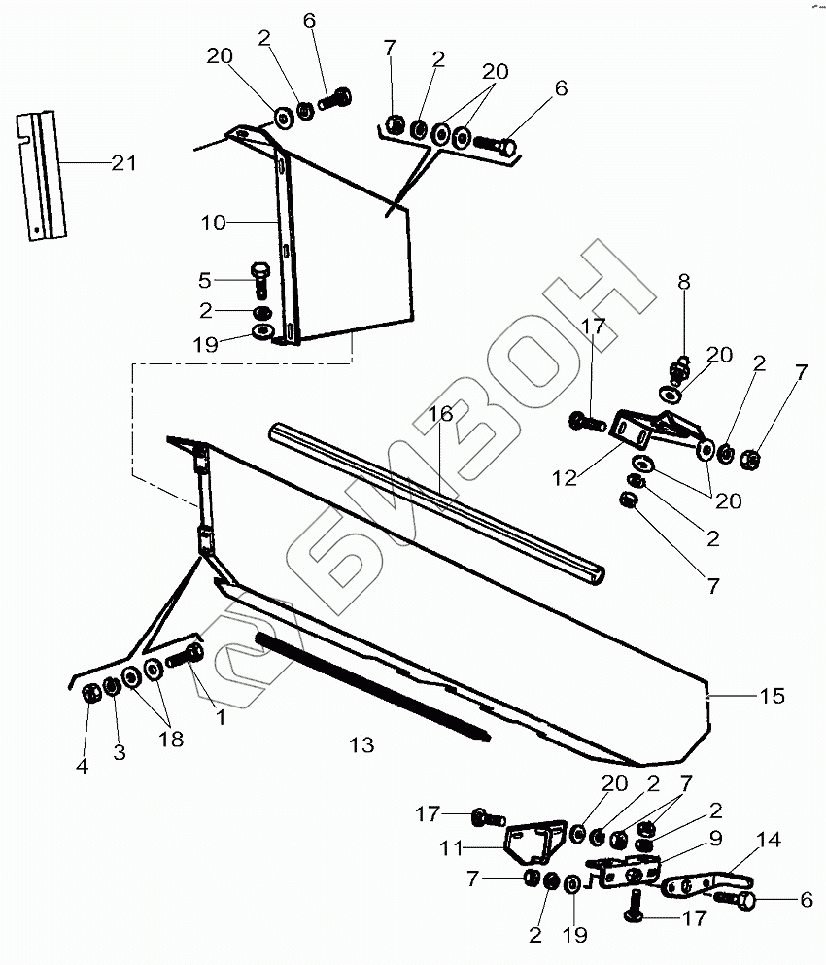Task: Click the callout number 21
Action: pyautogui.click(x=123, y=163)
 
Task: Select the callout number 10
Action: pyautogui.click(x=214, y=223)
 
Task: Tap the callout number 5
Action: pyautogui.click(x=204, y=282)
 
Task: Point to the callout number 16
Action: pyautogui.click(x=440, y=415)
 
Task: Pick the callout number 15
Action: pyautogui.click(x=773, y=696)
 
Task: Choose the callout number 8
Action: pyautogui.click(x=684, y=282)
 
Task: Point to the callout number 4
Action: pyautogui.click(x=83, y=767)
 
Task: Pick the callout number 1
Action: pyautogui.click(x=220, y=718)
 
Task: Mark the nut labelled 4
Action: pyautogui.click(x=88, y=694)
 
